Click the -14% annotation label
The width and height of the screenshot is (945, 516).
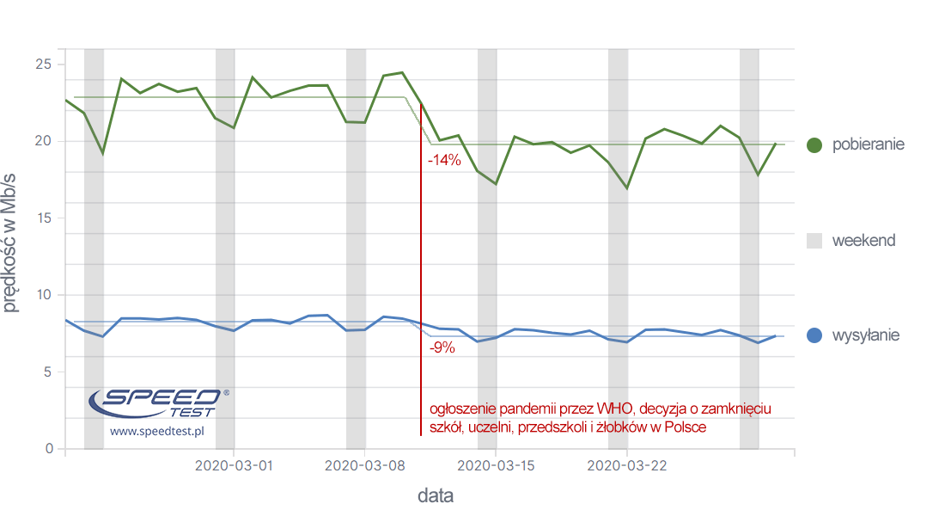[444, 160]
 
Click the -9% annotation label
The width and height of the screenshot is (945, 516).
[442, 348]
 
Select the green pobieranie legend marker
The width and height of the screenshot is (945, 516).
[815, 144]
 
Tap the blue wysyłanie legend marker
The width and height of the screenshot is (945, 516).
[815, 335]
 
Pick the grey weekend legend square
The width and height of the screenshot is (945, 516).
[815, 241]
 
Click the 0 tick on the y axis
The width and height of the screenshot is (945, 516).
[49, 449]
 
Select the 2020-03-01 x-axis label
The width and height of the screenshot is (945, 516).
[234, 465]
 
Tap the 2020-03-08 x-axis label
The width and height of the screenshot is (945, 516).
[364, 465]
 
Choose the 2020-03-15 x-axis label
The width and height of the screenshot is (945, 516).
[496, 465]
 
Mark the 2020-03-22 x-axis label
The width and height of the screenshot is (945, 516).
[626, 465]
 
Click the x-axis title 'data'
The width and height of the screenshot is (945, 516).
[435, 496]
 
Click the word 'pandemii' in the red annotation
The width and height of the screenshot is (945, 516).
[526, 409]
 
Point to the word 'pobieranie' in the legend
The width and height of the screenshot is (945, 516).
[868, 144]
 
